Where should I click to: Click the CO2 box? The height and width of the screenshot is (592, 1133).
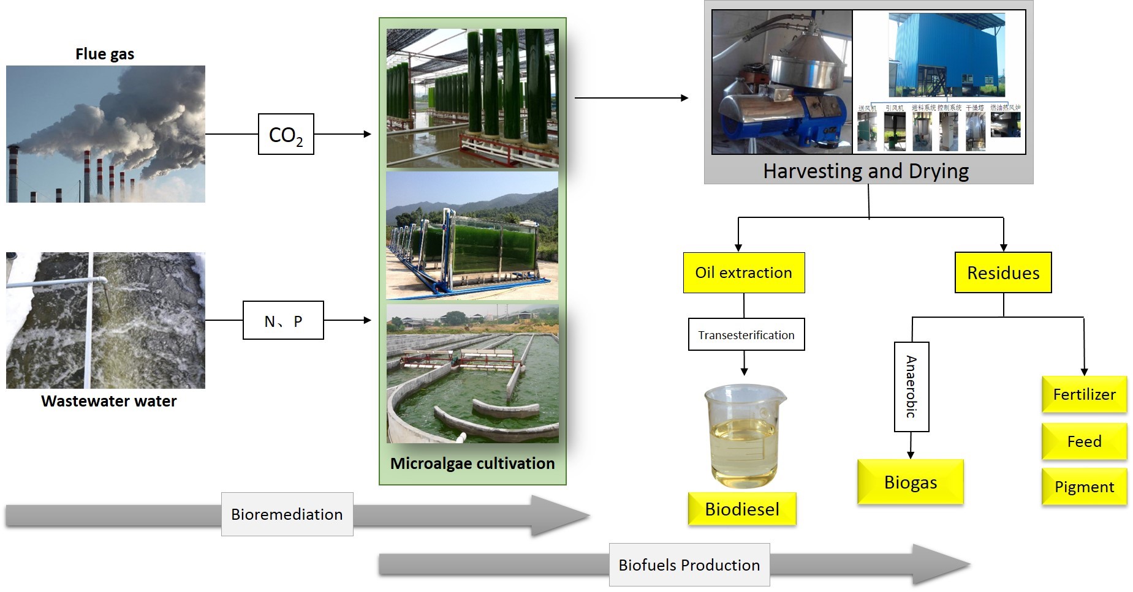286,134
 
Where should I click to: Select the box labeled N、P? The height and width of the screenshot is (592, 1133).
283,320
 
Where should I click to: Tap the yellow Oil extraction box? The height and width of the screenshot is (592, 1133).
743,272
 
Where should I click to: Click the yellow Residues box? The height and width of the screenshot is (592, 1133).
1003,272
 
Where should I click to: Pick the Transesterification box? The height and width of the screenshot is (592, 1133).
746,334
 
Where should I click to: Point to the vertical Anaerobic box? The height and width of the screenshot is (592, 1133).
911,386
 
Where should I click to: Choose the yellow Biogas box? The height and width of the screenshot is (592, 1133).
910,482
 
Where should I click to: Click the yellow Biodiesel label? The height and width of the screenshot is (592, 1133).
741,509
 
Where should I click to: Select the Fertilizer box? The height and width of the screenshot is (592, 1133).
1084,394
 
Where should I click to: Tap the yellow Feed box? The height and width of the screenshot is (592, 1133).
1084,441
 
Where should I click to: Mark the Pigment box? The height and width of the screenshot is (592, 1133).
1084,487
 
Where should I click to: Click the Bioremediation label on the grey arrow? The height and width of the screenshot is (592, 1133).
287,514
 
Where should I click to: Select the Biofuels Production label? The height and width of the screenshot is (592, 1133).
689,564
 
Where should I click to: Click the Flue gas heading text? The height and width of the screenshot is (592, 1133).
105,54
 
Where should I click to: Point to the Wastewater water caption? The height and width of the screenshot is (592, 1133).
108,401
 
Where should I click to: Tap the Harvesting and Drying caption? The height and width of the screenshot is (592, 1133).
865,171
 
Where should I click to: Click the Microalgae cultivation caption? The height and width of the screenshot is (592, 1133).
472,463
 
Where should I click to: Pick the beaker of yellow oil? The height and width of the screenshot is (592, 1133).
744,435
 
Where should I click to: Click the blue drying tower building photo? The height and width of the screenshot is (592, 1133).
946,55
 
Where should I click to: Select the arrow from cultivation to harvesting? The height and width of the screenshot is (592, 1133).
631,98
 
